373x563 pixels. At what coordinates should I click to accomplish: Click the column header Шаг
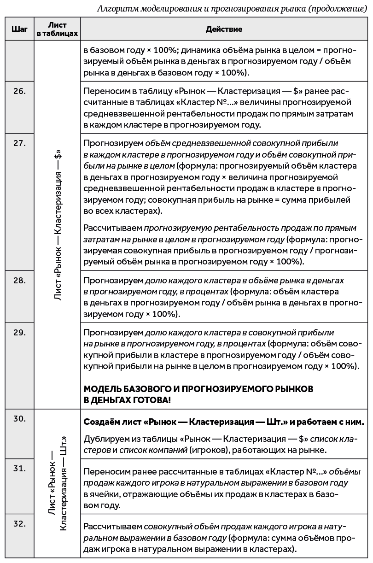19,29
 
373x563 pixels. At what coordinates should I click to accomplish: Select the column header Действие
224,29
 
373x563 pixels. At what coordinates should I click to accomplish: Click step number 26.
19,91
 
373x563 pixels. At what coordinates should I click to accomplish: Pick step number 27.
19,143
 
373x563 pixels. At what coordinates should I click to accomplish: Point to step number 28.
19,280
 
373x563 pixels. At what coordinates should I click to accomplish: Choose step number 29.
19,332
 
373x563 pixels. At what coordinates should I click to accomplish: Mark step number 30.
19,418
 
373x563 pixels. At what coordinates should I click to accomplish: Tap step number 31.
19,469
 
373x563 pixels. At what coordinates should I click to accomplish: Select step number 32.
19,523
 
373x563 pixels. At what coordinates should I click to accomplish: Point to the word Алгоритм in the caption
118,8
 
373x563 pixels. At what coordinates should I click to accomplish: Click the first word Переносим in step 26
105,91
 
